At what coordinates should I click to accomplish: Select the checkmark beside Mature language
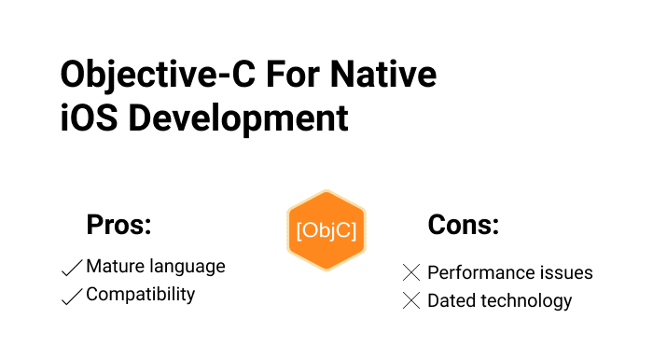(x=72, y=268)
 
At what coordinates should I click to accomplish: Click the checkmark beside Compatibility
(x=72, y=297)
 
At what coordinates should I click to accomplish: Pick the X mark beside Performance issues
(x=411, y=272)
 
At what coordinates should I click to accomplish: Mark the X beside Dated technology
(x=411, y=300)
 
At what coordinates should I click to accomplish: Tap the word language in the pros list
(x=187, y=267)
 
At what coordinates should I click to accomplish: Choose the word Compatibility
(x=141, y=295)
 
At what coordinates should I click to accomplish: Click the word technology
(x=526, y=301)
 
